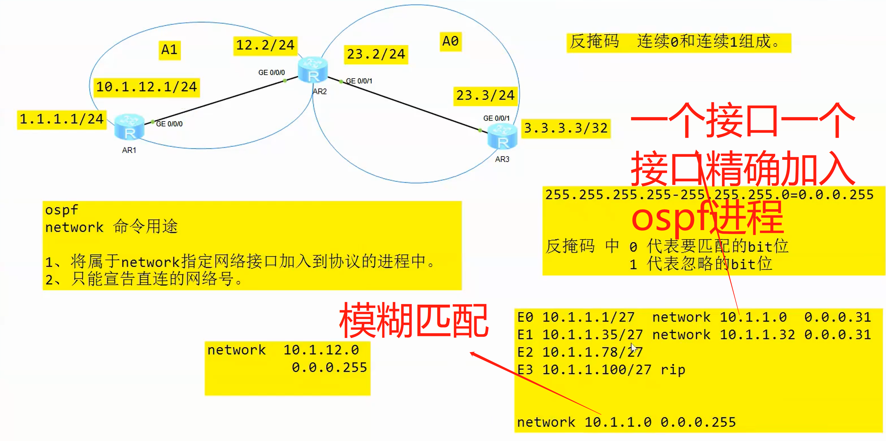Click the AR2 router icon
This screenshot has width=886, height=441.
(x=313, y=70)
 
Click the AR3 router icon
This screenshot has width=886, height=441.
(x=502, y=136)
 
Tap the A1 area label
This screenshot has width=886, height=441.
(x=169, y=50)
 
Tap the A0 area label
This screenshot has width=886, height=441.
(x=450, y=41)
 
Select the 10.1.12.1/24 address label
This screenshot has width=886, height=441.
(x=146, y=87)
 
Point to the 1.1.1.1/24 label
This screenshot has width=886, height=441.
(x=62, y=119)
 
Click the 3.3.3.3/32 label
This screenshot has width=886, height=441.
(x=566, y=128)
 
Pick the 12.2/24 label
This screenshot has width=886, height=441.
(x=265, y=45)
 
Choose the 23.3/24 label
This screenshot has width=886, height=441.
(x=485, y=95)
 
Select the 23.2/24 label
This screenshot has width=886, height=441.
(x=376, y=54)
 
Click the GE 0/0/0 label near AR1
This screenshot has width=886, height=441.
(x=169, y=124)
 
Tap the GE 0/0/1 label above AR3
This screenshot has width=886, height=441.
(x=496, y=118)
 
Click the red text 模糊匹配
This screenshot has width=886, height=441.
(x=414, y=320)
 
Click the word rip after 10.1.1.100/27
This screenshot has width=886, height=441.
(x=673, y=370)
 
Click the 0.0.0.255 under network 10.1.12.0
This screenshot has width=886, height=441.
(x=329, y=367)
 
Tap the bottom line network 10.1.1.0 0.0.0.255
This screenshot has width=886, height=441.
(x=626, y=422)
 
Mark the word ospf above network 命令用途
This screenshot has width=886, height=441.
(x=62, y=210)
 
